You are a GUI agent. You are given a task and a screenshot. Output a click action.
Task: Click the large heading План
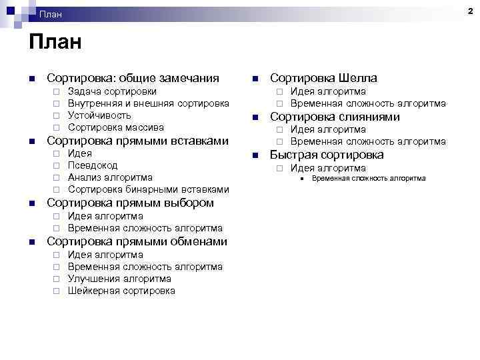[x=55, y=44]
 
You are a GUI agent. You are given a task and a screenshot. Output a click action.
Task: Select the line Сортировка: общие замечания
[x=133, y=78]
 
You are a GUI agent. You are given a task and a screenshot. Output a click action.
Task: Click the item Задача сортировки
[x=113, y=91]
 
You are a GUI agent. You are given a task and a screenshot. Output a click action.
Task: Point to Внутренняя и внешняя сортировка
[x=149, y=103]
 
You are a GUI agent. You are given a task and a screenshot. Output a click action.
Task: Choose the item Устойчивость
[x=99, y=115]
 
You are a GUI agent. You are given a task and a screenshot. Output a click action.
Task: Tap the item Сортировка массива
[x=116, y=127]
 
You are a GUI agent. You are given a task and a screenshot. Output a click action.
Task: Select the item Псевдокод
[x=93, y=165]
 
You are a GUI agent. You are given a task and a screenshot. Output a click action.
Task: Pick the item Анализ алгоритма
[x=110, y=177]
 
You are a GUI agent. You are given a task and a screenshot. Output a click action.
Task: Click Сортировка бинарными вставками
[x=149, y=189]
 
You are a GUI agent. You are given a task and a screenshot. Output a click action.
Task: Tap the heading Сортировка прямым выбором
[x=130, y=203]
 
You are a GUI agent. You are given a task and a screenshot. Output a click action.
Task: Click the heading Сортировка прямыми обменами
[x=137, y=241]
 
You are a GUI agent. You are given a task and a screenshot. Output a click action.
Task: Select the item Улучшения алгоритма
[x=119, y=279]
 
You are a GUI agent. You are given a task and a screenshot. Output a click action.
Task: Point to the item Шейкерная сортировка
[x=121, y=291]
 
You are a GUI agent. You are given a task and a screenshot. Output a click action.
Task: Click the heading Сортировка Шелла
[x=323, y=78]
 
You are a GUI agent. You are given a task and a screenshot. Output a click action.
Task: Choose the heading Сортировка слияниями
[x=335, y=117]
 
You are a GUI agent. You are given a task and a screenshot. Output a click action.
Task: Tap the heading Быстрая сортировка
[x=327, y=155]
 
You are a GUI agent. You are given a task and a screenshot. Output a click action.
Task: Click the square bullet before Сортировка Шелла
[x=255, y=79]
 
